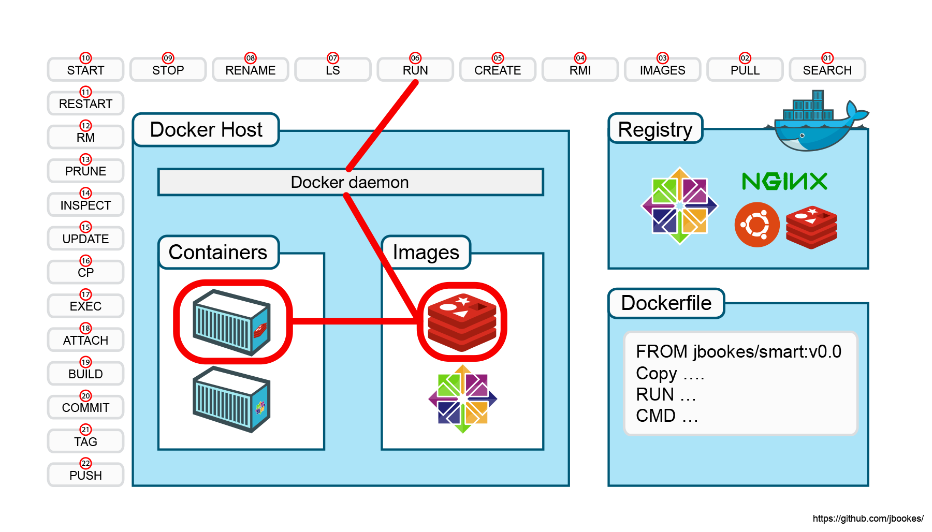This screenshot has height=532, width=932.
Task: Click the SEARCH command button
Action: pyautogui.click(x=827, y=70)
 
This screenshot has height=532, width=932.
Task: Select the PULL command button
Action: pyautogui.click(x=745, y=70)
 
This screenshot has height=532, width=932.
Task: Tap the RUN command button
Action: pyautogui.click(x=415, y=70)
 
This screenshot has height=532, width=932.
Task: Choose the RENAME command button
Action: pyautogui.click(x=250, y=70)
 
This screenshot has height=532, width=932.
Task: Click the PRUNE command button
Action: pyautogui.click(x=85, y=171)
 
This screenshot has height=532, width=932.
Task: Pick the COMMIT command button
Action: pyautogui.click(x=85, y=408)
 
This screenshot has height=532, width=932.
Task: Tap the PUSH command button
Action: pyautogui.click(x=85, y=475)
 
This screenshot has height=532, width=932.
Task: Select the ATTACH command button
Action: pyautogui.click(x=85, y=340)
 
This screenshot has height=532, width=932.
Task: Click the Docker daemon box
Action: pyautogui.click(x=350, y=182)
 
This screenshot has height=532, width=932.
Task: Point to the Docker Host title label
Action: pyautogui.click(x=206, y=129)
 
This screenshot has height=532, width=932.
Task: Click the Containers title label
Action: pyautogui.click(x=218, y=252)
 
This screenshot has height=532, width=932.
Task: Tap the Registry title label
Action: pyautogui.click(x=655, y=129)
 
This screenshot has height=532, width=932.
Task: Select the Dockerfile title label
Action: pyautogui.click(x=666, y=303)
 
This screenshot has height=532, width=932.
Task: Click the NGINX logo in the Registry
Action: pyautogui.click(x=784, y=181)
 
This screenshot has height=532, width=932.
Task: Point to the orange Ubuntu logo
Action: pyautogui.click(x=756, y=225)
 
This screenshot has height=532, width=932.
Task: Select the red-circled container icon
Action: pyautogui.click(x=232, y=322)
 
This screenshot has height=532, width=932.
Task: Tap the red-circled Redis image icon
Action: pyautogui.click(x=462, y=322)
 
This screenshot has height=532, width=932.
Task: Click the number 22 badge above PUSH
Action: pyautogui.click(x=85, y=463)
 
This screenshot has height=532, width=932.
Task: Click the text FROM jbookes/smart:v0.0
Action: pyautogui.click(x=738, y=352)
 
